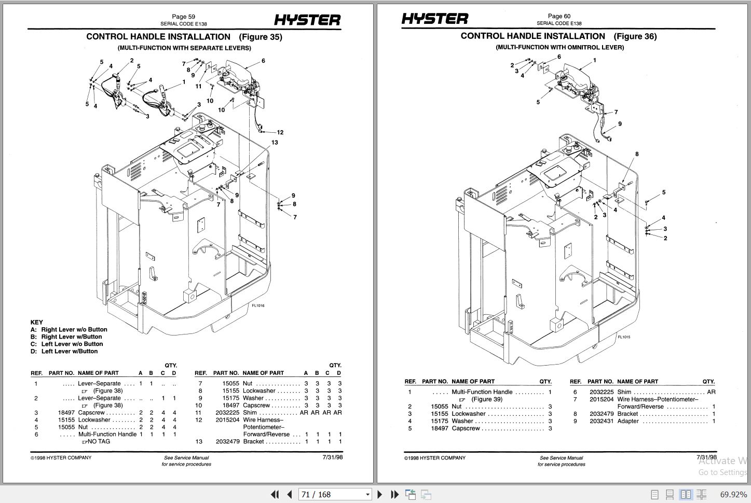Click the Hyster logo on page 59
click(307, 20)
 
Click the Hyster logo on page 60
click(434, 19)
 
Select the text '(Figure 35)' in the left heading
click(261, 37)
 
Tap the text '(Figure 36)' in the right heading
click(635, 36)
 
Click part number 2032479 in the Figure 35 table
click(227, 442)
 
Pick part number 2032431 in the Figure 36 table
click(601, 421)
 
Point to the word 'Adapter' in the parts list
click(628, 421)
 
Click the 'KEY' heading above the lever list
click(37, 322)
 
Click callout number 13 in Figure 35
click(275, 143)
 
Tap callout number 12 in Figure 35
click(280, 132)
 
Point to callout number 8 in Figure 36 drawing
click(637, 154)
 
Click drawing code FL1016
click(258, 305)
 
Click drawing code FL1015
click(624, 337)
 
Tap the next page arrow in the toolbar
click(380, 494)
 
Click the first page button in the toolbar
click(275, 494)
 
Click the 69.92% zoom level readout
click(733, 494)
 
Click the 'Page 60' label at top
click(559, 16)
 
